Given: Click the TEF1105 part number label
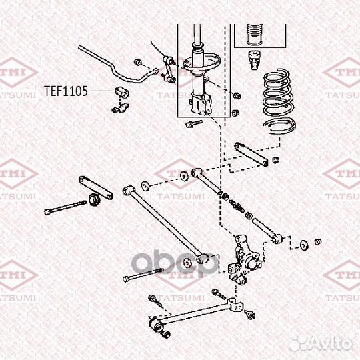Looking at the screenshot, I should (x=66, y=91).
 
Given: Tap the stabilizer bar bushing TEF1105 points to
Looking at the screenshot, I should (x=122, y=91).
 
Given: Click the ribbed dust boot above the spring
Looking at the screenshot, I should (x=253, y=35).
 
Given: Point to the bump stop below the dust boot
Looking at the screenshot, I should (x=253, y=58).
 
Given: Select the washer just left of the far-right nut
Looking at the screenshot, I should (x=304, y=244).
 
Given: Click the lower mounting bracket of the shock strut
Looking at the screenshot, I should (x=200, y=104).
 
